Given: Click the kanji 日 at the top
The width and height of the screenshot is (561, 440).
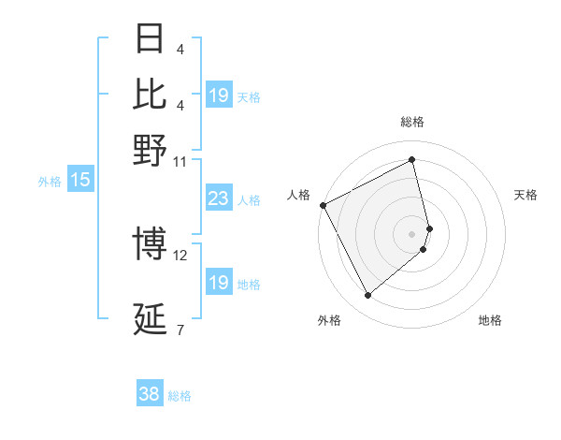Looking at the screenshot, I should (151, 38).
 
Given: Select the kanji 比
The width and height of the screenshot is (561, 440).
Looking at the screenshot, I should (151, 94).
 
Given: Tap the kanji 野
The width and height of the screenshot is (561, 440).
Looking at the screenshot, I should (151, 150).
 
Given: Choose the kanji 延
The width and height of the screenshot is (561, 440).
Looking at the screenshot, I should (151, 319).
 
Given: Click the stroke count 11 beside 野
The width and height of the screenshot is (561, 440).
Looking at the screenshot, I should (180, 161).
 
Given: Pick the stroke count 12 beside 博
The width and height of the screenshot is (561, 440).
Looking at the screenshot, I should (180, 256).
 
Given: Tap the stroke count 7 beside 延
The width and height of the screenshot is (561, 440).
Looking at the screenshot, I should (180, 330).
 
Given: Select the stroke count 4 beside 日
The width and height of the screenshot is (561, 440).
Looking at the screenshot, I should (180, 49).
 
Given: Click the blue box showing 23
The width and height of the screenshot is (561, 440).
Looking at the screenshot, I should (218, 198).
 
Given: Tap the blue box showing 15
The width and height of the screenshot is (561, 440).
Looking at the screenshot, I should (80, 180).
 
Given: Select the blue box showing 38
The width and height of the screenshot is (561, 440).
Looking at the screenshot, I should (149, 394).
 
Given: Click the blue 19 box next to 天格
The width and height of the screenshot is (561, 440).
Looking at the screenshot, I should (218, 95).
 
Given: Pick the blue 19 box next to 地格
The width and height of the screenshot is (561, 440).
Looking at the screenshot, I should (218, 283).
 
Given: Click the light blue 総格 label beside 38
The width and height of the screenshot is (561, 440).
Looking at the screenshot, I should (180, 396).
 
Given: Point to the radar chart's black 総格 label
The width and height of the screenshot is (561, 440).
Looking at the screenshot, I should (412, 122).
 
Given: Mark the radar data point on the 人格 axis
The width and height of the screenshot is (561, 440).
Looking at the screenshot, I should (323, 205).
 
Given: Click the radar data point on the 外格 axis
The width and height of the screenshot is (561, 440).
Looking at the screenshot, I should (367, 296).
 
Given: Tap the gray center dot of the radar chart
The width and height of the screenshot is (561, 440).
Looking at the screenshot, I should (412, 233).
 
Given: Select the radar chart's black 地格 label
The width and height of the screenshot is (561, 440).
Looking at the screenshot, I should (490, 320).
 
